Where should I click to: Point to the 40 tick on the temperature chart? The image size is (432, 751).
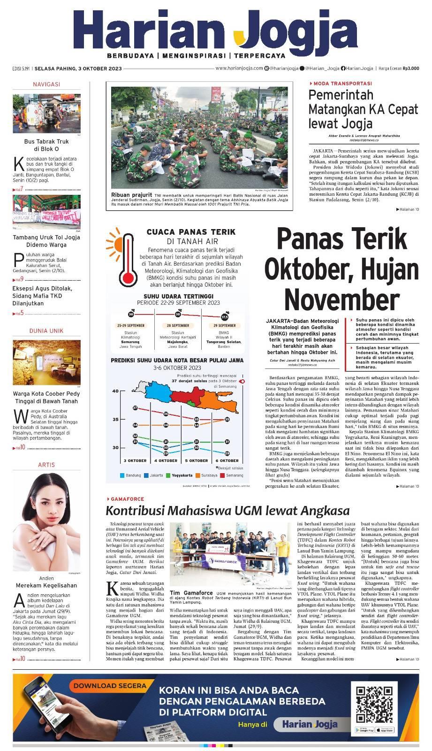pos(115,391)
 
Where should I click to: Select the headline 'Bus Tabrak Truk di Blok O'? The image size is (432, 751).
pos(46,145)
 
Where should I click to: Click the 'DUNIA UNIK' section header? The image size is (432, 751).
pos(46,331)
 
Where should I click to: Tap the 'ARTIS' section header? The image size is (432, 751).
pos(46,465)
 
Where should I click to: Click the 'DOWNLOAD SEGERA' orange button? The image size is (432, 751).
pos(110,686)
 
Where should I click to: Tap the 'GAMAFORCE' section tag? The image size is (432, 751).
pos(124,498)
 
